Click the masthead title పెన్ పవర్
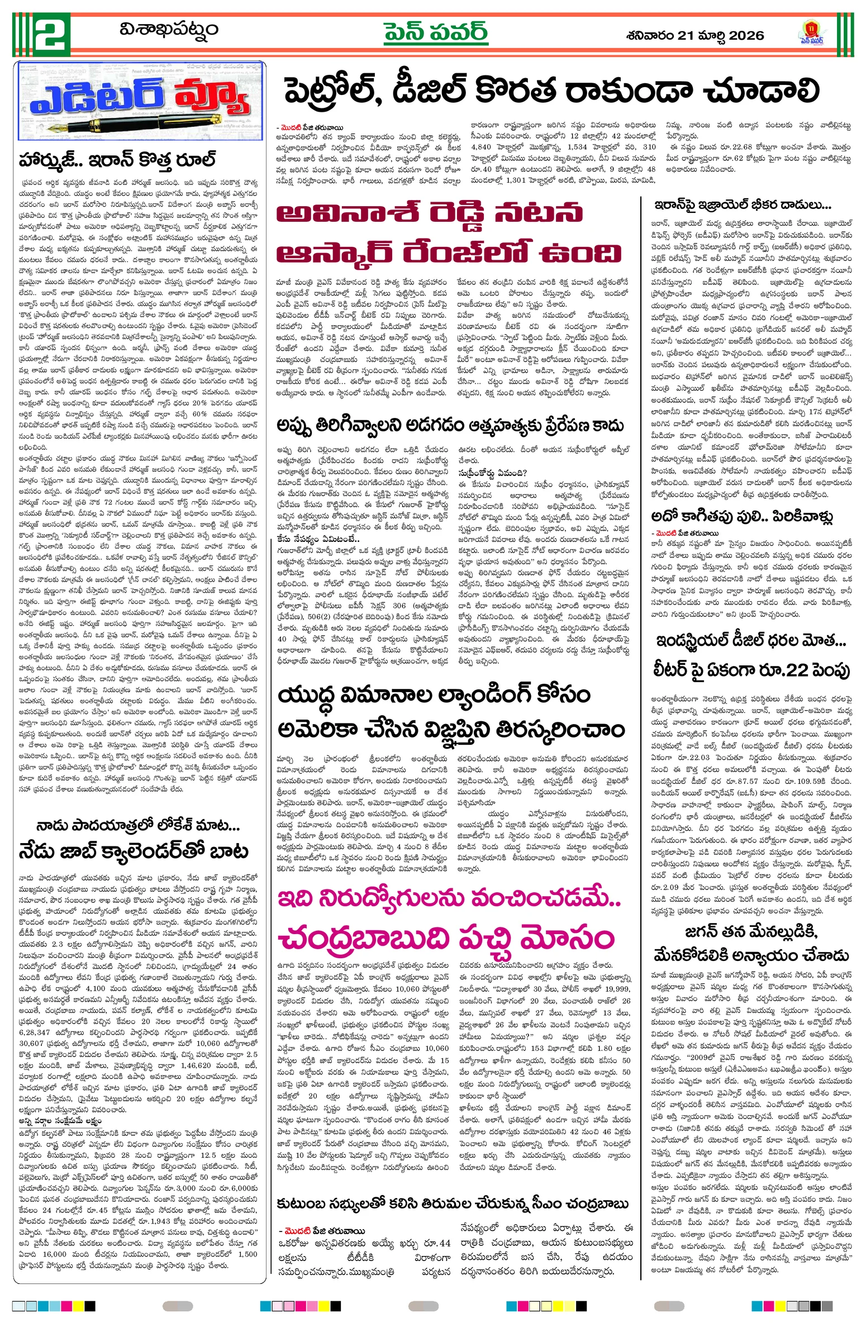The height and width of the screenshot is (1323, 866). tap(435, 32)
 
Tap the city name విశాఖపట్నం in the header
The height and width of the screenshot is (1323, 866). tap(168, 29)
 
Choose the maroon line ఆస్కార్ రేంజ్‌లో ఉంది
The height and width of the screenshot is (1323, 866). tap(449, 253)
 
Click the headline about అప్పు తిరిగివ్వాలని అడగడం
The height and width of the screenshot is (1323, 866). tap(450, 426)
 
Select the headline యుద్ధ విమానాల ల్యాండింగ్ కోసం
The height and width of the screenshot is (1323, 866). tap(434, 696)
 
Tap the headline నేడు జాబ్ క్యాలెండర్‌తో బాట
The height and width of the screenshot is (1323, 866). tap(134, 851)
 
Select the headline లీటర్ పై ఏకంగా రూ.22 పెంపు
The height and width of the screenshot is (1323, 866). tap(751, 670)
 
